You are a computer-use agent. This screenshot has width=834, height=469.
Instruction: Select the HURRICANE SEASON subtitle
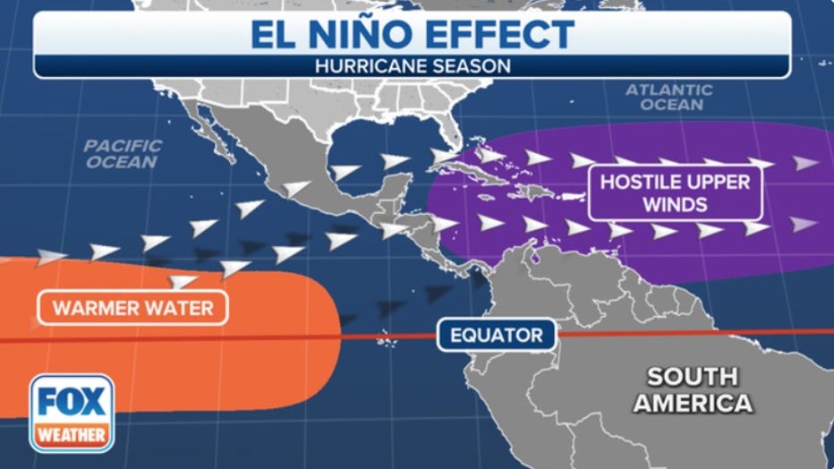(413, 65)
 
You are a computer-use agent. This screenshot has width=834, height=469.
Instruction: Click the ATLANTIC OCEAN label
(669, 97)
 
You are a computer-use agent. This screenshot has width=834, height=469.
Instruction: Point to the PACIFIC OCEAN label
(123, 153)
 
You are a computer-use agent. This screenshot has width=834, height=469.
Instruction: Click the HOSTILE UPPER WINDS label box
(674, 192)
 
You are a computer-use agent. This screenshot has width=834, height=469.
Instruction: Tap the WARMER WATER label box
(132, 309)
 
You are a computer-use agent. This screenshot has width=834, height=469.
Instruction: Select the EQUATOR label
(497, 336)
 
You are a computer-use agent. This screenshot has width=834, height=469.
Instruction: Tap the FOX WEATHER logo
(71, 413)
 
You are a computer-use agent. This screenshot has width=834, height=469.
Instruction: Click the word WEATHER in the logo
(71, 435)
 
